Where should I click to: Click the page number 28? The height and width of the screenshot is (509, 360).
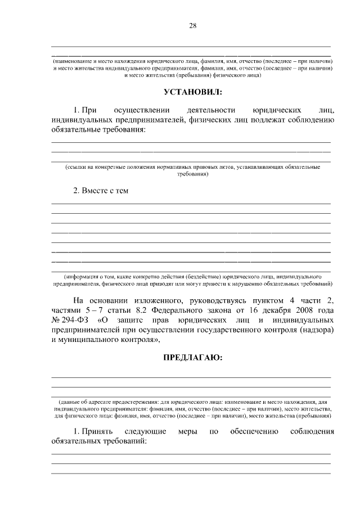192,25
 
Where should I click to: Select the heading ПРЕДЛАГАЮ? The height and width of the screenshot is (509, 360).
191,357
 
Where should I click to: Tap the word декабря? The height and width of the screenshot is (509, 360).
269,310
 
